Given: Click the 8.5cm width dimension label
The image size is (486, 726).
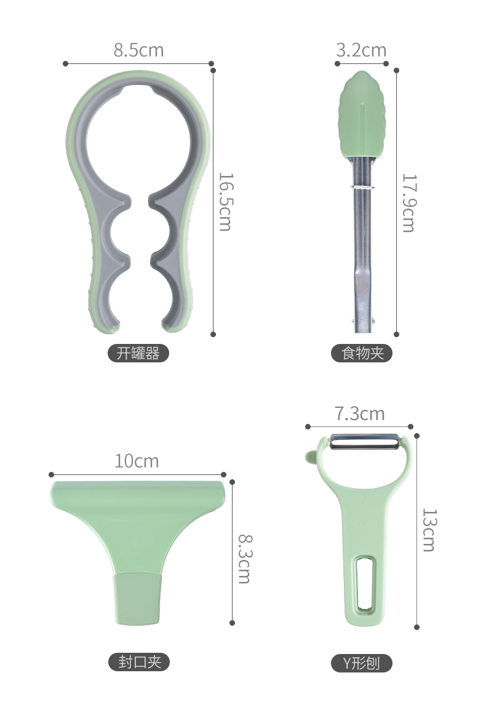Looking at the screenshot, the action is click(138, 50).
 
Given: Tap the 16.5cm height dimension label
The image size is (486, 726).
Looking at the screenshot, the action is click(226, 202).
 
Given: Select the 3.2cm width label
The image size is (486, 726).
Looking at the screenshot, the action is click(361, 50).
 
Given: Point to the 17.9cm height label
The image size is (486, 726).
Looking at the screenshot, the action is click(409, 203).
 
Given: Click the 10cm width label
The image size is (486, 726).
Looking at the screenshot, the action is click(137, 461).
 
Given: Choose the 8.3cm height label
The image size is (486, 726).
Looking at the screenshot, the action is click(245, 559).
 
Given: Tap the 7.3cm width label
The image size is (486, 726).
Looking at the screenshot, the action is click(360, 413).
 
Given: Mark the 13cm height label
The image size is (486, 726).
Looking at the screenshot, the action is click(429, 530).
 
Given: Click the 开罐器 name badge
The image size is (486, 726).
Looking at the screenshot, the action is click(138, 353).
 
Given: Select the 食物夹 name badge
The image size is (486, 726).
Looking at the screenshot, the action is click(362, 353).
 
